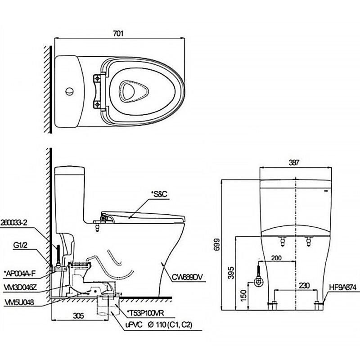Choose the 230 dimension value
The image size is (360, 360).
click(x=304, y=285)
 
